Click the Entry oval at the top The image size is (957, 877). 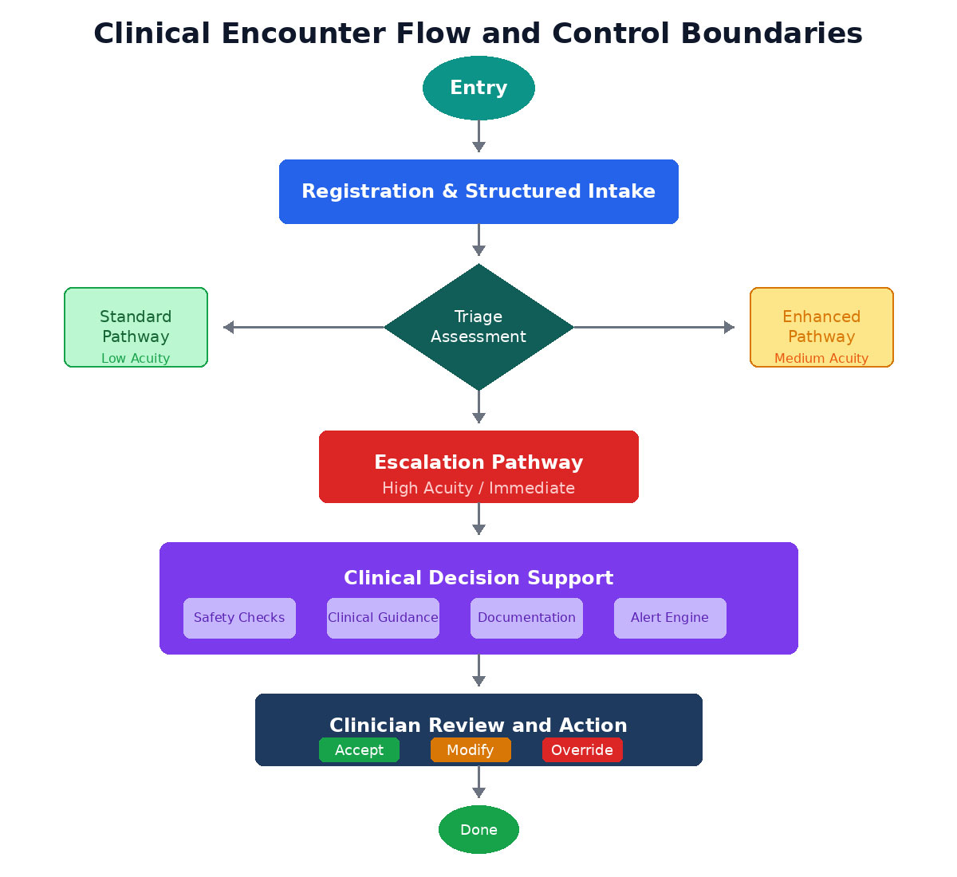478,88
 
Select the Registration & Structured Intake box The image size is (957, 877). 478,191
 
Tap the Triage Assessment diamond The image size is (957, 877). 478,327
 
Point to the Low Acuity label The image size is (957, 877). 136,359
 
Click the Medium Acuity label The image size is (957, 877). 821,359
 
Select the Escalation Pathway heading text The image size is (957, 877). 478,462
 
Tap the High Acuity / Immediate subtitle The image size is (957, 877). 478,488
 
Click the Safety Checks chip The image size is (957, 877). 239,618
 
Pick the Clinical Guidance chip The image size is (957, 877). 383,618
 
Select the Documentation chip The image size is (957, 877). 526,618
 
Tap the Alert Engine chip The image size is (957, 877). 670,618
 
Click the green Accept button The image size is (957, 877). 359,750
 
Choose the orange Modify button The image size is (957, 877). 471,750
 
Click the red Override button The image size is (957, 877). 582,750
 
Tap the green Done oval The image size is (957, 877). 478,830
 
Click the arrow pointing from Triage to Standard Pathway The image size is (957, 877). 303,327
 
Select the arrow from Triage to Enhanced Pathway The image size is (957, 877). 654,327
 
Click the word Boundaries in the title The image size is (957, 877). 771,33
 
